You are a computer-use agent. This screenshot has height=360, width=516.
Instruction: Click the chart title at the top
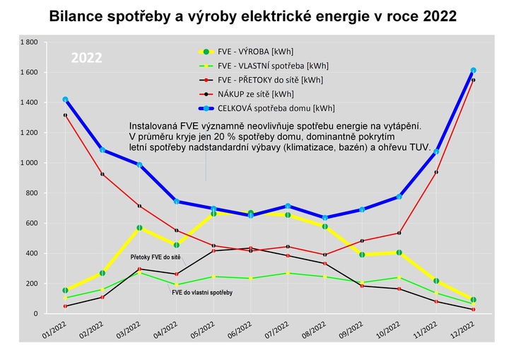[x=252, y=16]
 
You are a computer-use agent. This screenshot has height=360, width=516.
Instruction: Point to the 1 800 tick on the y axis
[x=28, y=42]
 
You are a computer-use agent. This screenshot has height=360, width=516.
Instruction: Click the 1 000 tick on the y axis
[x=28, y=163]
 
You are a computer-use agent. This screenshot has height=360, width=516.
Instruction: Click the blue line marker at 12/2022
[x=473, y=70]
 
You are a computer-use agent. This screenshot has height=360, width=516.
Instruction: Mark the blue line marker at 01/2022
[x=65, y=100]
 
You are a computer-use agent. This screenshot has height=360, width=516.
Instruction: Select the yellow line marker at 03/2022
[x=139, y=228]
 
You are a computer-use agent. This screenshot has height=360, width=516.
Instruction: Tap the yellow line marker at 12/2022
[x=473, y=300]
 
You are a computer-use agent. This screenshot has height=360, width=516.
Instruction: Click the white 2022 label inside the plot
[x=87, y=58]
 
